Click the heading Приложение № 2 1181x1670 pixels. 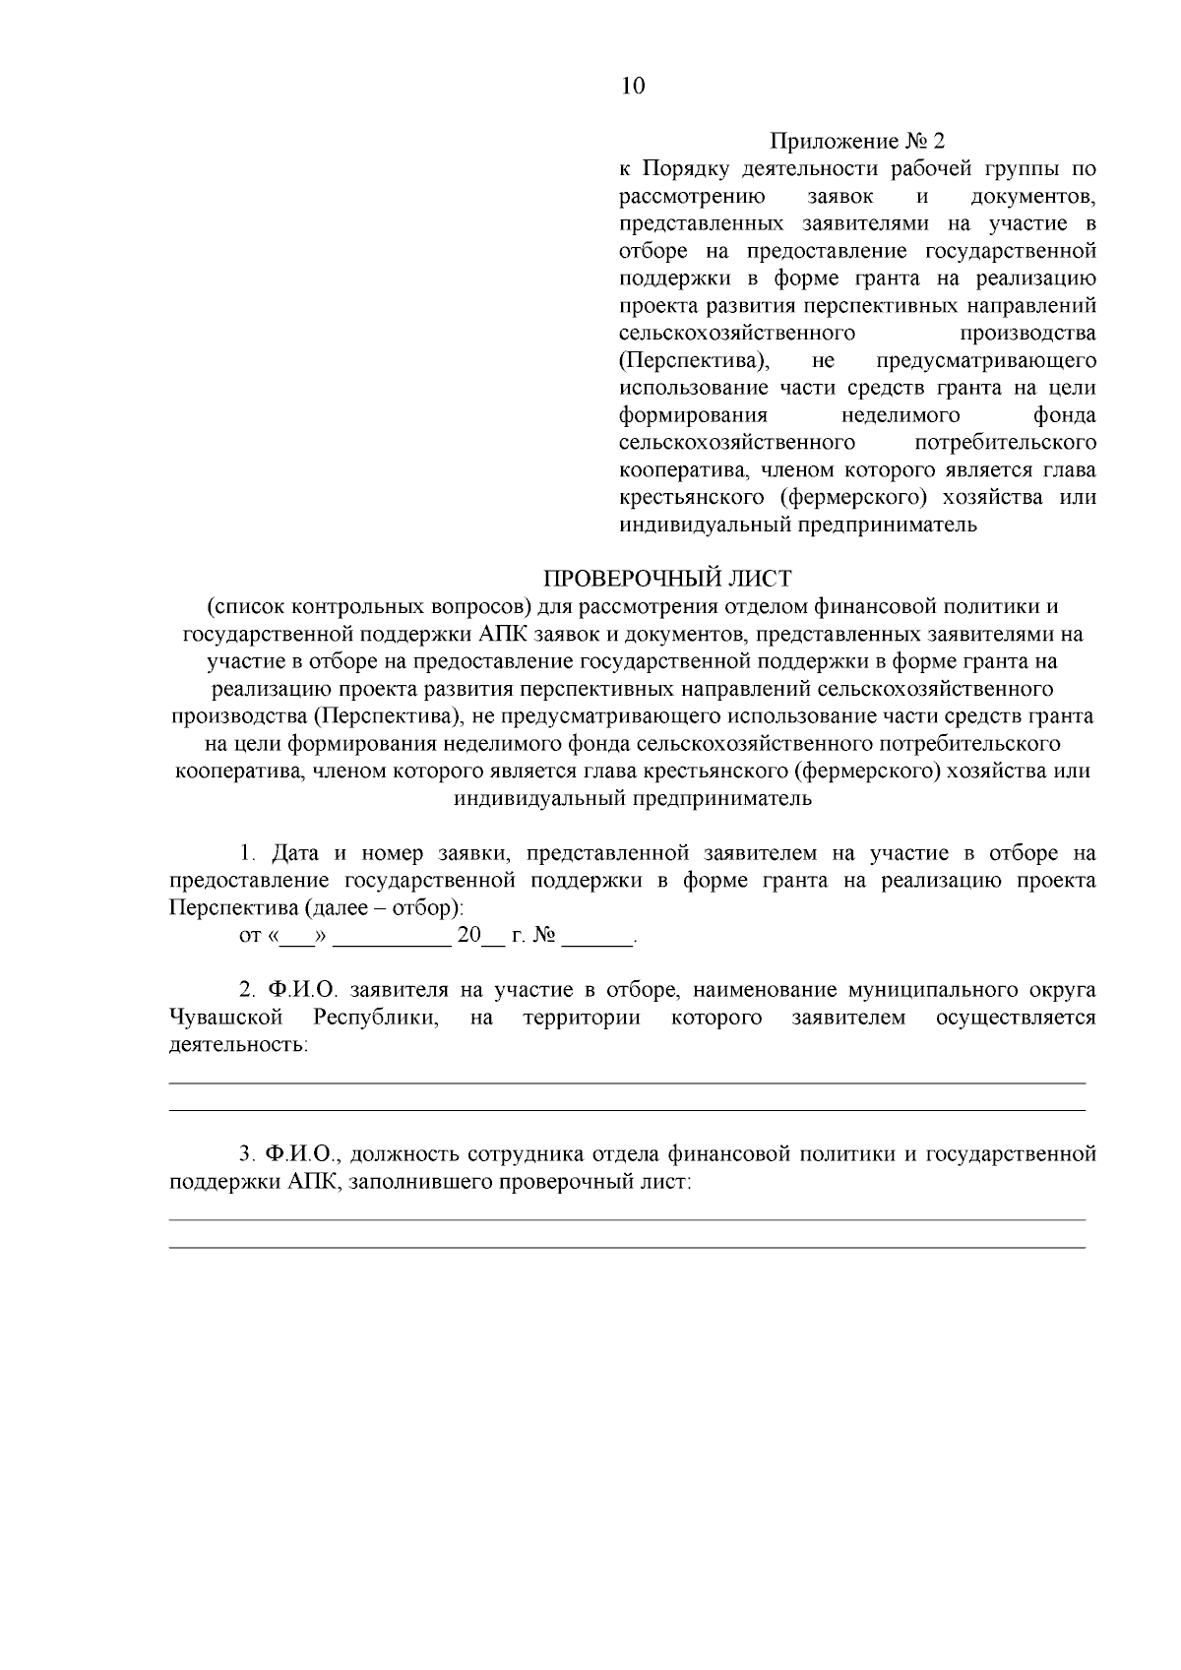856,141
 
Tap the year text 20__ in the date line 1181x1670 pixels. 479,935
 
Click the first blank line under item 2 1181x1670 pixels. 627,1082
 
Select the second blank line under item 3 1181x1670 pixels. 627,1247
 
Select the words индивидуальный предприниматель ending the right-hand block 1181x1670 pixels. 797,525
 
